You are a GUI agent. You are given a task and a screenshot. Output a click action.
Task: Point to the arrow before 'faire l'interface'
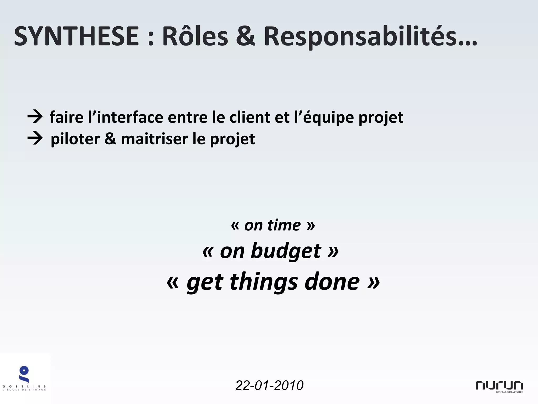[35, 117]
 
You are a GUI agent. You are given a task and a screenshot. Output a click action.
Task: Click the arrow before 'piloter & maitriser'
[35, 138]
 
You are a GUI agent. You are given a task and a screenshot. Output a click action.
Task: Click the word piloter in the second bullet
[75, 139]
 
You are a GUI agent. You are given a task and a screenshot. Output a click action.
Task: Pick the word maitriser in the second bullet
[154, 139]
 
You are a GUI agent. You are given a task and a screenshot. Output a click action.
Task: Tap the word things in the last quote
[264, 282]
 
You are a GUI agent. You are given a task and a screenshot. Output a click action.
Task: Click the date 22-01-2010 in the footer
[270, 386]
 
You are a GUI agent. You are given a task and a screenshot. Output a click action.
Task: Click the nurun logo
[499, 386]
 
